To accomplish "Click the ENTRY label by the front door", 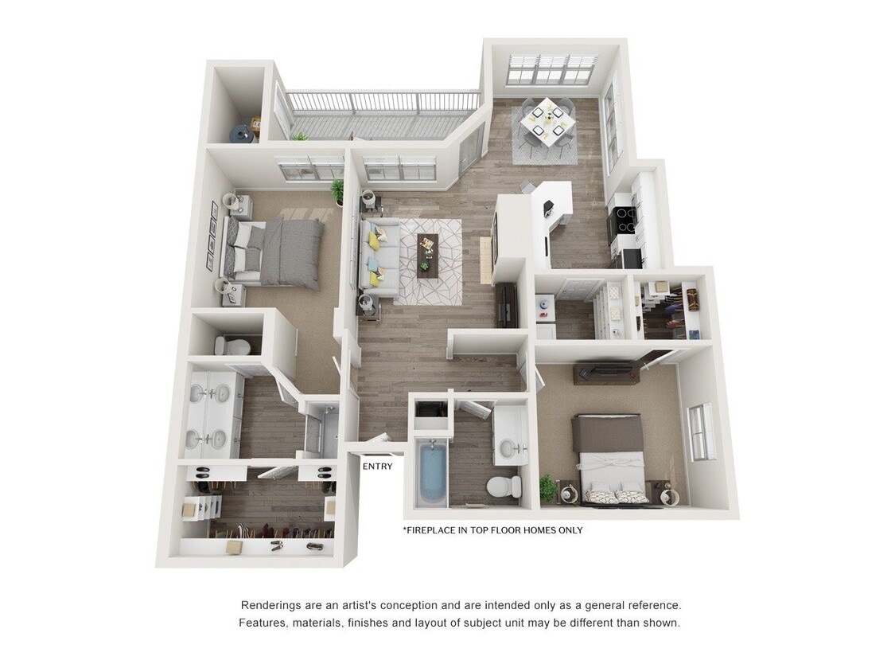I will coord(377,467).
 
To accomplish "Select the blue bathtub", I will coord(431,471).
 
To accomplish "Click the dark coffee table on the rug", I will coord(428,256).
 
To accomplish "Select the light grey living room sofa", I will coord(379,256).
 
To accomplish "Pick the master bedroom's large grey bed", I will coord(278,250).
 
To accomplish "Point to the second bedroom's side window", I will coord(700,432).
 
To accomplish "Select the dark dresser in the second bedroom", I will coord(606,372).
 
